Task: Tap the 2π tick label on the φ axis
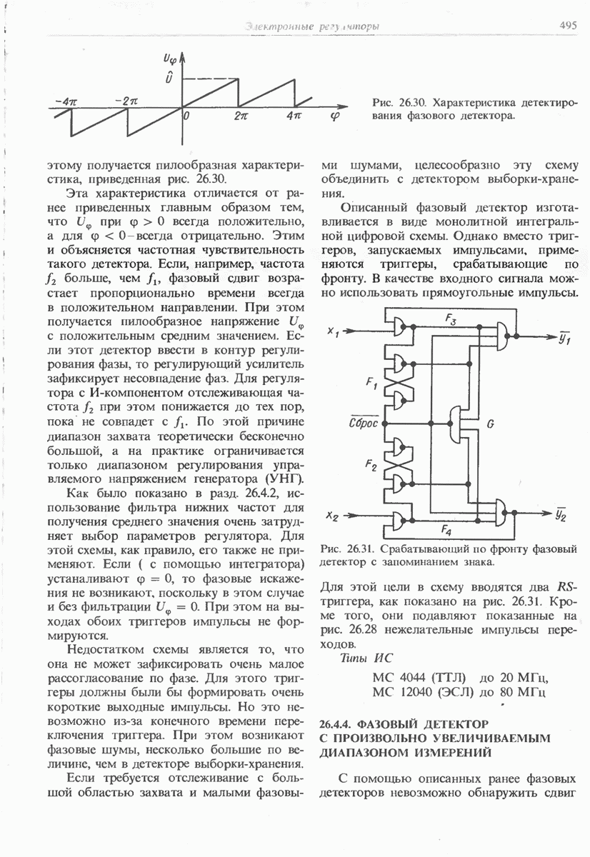point(241,114)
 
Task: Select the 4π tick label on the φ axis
point(294,114)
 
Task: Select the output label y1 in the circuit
point(565,339)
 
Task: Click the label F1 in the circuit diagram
point(371,386)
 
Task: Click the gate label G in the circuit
point(491,424)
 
